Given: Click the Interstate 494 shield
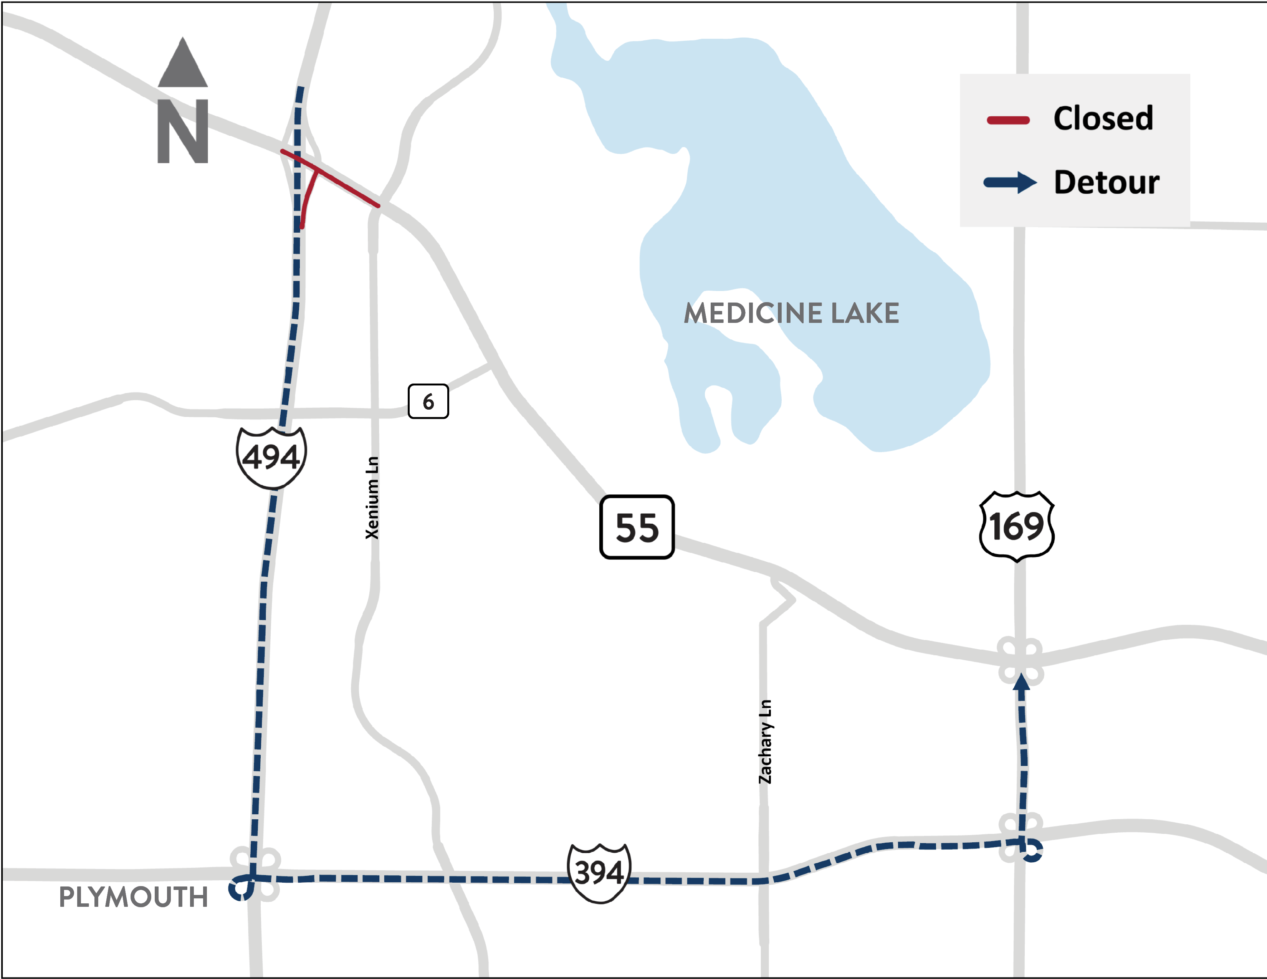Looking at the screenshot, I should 271,457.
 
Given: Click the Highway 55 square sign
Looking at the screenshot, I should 637,527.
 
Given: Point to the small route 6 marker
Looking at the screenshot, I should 428,401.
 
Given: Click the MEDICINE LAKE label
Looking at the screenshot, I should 791,313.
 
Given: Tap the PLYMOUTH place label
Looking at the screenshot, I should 134,897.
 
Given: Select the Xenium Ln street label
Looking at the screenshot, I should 372,498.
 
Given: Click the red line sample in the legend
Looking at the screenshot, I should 1008,121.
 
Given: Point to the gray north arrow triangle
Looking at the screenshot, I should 183,64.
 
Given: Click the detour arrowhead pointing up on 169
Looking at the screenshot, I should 1021,685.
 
